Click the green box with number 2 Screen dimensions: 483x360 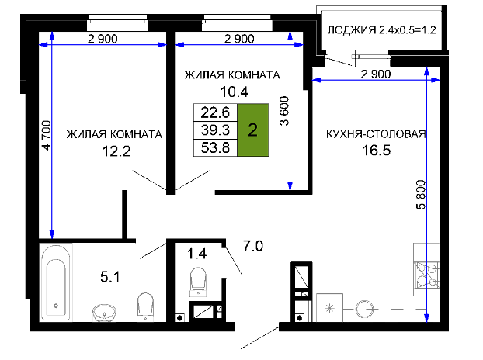point(253,130)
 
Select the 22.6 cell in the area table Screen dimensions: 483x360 point(215,112)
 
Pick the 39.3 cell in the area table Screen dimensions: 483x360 point(215,130)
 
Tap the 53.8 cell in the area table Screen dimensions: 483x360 point(215,148)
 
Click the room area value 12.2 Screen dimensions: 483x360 point(116,151)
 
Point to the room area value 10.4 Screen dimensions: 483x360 point(235,92)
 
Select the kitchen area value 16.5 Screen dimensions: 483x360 point(376,151)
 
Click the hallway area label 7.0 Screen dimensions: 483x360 point(253,246)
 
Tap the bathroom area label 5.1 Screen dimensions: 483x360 point(110,277)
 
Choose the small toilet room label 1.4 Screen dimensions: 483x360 point(196,254)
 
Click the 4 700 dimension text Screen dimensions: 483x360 point(47,135)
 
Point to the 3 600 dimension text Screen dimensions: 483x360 point(284,111)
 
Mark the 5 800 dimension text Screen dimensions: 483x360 point(421,195)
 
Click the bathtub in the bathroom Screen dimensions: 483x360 point(56,282)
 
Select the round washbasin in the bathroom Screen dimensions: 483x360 point(104,313)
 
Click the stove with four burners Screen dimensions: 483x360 point(426,275)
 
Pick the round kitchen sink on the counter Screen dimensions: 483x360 point(365,308)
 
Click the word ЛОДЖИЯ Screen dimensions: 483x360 point(352,30)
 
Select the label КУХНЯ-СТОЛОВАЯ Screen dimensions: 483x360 point(376,134)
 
